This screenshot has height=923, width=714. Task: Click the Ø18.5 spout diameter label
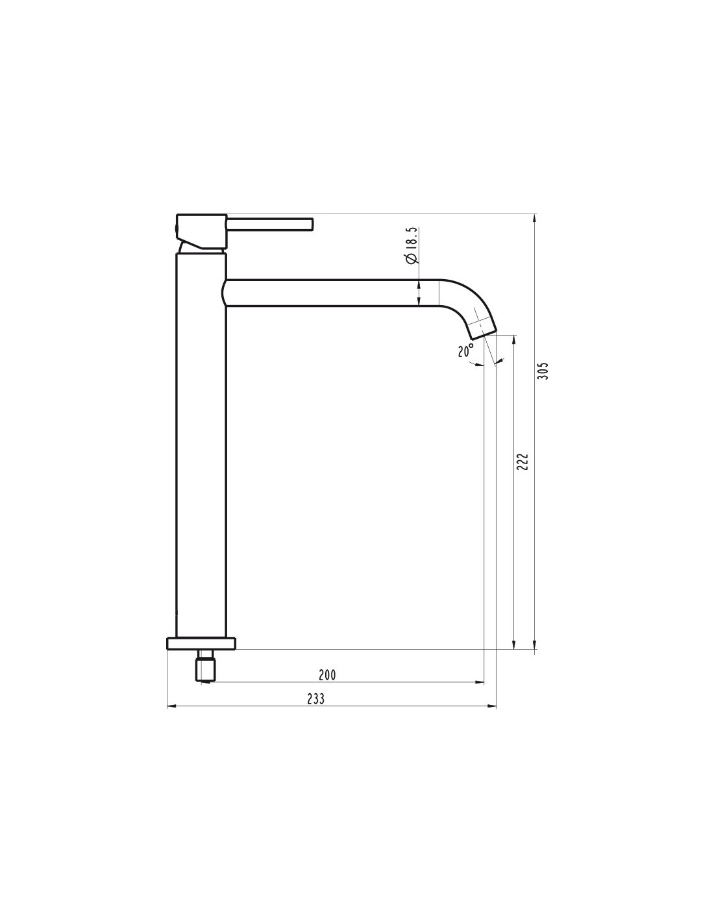click(412, 245)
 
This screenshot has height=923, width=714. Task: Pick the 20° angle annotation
click(465, 351)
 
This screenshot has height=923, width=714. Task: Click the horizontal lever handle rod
click(270, 225)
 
